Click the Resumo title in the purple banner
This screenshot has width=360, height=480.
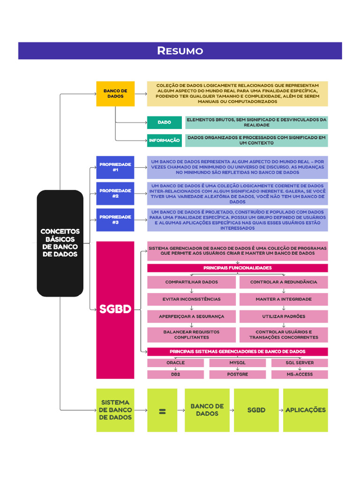pos(180,51)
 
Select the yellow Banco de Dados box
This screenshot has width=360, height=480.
pos(115,93)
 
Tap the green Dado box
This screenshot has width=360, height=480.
pos(165,122)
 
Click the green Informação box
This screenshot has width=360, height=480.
pos(165,140)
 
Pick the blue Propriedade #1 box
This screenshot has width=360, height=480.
pos(115,167)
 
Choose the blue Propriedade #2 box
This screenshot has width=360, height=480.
pos(115,194)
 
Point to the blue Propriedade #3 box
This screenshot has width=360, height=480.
pos(115,220)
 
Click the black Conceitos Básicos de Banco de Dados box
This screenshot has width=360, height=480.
pos(60,243)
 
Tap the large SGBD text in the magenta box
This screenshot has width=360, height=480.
pos(115,309)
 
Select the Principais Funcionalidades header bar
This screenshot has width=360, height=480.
pos(237,268)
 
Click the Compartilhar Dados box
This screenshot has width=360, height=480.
pos(191,282)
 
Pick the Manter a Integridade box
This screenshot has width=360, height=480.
pos(284,299)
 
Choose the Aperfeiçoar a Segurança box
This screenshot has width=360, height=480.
pos(191,316)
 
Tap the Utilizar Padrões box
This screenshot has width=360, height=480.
pos(284,316)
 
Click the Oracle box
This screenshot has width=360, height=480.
pos(175,363)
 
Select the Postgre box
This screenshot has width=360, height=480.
pos(237,375)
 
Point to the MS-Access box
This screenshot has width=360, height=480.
pos(300,375)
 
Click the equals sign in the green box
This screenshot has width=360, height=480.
pos(162,411)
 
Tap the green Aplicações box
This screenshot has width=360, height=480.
pos(305,410)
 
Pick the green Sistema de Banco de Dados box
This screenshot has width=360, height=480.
pos(115,410)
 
